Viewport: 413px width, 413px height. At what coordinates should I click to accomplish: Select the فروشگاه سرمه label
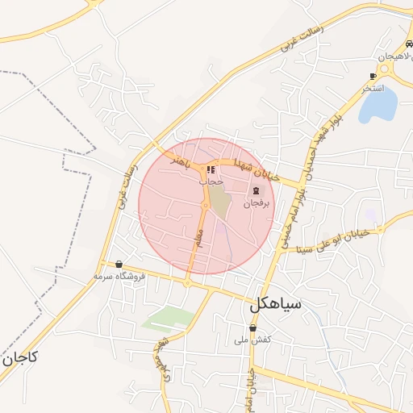[x=119, y=276]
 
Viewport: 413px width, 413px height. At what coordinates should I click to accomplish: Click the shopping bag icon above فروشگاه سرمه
[x=119, y=264]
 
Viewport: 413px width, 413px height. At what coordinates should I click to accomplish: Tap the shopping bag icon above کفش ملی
[x=252, y=328]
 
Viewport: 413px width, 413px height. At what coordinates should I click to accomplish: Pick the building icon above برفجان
[x=256, y=190]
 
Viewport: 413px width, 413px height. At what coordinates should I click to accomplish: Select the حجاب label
[x=211, y=182]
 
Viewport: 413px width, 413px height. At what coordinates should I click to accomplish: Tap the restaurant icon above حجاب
[x=211, y=170]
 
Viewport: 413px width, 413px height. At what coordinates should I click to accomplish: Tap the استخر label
[x=372, y=87]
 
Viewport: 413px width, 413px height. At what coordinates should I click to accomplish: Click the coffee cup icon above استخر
[x=373, y=76]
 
